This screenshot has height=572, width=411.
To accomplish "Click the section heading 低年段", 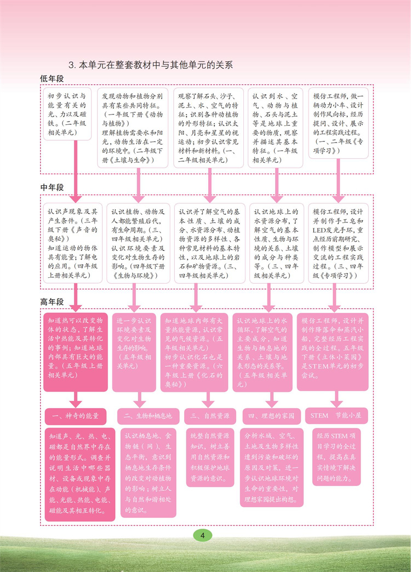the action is click(x=52, y=79).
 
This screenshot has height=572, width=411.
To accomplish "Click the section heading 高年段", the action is click(x=52, y=302).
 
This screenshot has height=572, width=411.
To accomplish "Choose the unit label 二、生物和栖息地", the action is click(x=148, y=416).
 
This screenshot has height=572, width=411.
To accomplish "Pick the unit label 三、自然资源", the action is click(x=210, y=416).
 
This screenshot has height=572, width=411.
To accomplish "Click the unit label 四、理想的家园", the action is click(x=271, y=416).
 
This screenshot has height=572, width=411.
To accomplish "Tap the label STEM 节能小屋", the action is click(x=335, y=416).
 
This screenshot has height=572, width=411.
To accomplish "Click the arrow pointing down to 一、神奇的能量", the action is click(x=76, y=400).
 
